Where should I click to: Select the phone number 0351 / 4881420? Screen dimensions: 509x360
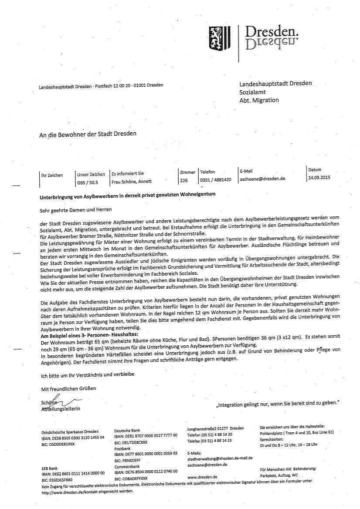(x=215, y=179)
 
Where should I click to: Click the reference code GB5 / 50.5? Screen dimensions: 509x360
(x=88, y=182)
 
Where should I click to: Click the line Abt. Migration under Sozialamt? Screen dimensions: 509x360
(x=259, y=100)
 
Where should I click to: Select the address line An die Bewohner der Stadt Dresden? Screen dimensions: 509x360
(x=87, y=134)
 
